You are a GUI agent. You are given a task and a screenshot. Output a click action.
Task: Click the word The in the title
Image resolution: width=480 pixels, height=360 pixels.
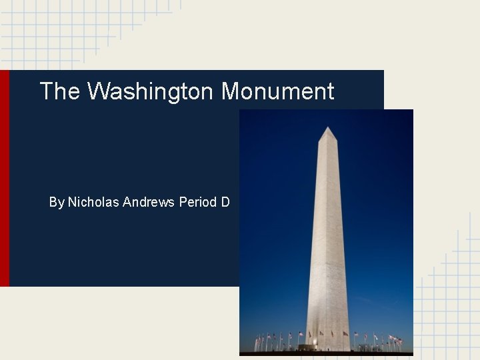tap(59, 91)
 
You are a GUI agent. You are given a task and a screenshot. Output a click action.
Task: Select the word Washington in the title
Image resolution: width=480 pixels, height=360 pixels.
tap(151, 92)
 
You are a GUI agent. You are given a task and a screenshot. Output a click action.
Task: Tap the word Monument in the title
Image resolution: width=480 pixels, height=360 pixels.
tap(278, 91)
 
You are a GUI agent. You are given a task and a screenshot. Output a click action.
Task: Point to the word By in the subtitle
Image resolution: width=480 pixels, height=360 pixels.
tap(57, 202)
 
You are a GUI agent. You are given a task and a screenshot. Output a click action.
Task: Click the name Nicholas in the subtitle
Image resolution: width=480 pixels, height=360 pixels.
tap(94, 201)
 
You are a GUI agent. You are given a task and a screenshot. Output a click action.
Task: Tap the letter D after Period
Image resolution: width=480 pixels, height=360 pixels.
tap(225, 201)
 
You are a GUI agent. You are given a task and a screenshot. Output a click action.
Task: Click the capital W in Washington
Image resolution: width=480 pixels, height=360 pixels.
tap(98, 91)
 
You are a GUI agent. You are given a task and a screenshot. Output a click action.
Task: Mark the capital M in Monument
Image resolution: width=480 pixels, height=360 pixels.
tap(232, 91)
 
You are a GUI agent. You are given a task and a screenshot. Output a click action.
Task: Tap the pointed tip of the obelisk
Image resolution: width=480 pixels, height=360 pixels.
tap(327, 127)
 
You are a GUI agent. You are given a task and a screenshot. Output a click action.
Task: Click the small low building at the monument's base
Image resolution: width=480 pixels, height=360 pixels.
tap(310, 347)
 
